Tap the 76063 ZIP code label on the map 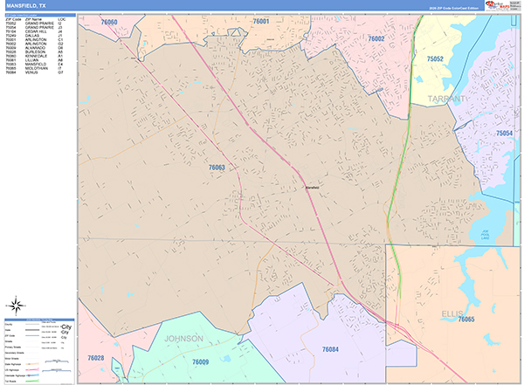pos(217,167)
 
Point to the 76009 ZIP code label pos(200,361)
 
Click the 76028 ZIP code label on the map pos(95,358)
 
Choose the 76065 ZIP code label pos(466,320)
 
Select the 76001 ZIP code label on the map pos(261,21)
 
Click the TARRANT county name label pos(451,100)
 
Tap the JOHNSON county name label pos(183,338)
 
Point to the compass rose pos(17,305)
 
